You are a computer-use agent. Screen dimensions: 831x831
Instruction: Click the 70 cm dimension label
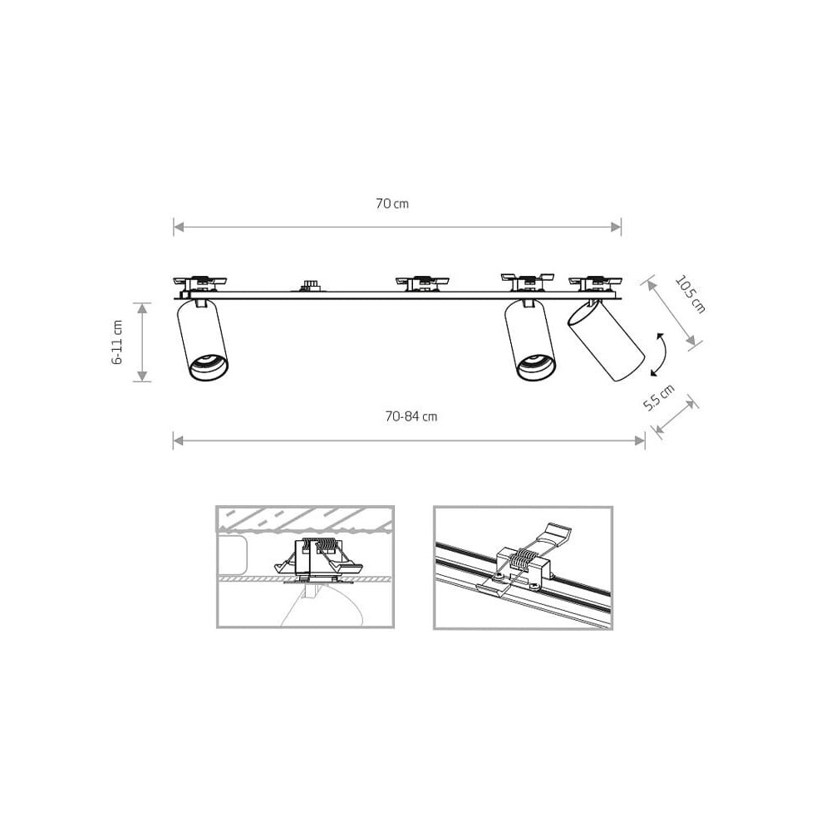coord(392,204)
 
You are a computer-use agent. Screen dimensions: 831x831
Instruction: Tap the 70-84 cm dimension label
coord(411,416)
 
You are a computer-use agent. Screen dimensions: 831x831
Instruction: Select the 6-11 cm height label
coord(117,342)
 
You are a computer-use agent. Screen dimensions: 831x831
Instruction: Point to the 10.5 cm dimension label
coord(691,295)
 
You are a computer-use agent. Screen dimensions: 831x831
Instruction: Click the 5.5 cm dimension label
coord(659,397)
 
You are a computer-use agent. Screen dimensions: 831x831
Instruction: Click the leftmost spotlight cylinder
coord(203,340)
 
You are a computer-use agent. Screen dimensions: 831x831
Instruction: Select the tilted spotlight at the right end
coord(606,340)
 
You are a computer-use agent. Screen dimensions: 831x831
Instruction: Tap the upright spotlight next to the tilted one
coord(530,340)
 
